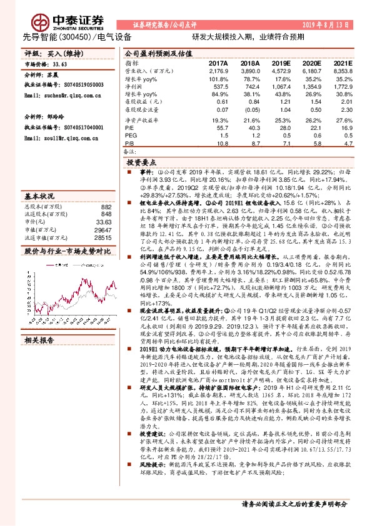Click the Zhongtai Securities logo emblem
tap(42, 20)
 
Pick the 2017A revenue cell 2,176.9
tap(216, 72)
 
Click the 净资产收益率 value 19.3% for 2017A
tap(219, 119)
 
